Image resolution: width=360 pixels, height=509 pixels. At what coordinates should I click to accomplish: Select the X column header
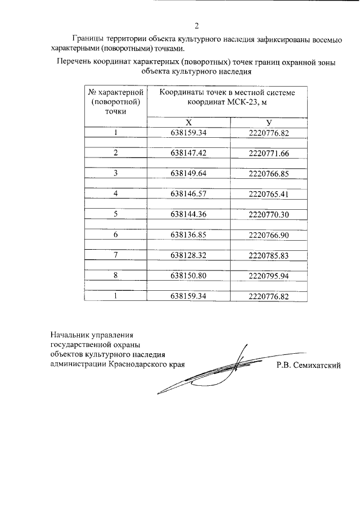tap(188, 123)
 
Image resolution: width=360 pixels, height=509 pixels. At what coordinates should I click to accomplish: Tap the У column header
tap(269, 123)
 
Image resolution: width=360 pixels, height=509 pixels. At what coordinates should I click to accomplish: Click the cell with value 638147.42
tap(188, 153)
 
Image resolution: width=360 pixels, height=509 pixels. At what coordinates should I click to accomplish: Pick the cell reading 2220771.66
tap(268, 153)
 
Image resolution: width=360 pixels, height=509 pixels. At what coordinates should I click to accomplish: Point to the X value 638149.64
tap(188, 173)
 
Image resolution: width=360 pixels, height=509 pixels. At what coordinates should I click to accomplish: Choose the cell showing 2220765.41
tap(268, 193)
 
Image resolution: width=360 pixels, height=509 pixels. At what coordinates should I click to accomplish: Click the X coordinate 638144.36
tap(188, 214)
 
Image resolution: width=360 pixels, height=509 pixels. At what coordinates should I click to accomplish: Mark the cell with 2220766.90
tap(268, 235)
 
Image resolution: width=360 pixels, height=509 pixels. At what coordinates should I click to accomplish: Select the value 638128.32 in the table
tap(188, 255)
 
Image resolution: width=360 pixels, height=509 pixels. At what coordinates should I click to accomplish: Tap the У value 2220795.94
tap(268, 276)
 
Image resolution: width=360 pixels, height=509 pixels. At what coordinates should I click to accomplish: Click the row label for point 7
tap(115, 255)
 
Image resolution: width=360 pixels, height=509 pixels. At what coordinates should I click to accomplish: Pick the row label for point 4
tap(115, 193)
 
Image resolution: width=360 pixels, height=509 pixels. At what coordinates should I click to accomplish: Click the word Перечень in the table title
tap(76, 62)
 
